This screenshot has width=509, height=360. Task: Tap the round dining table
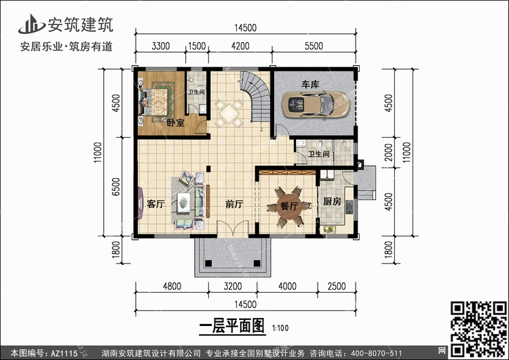point(289,206)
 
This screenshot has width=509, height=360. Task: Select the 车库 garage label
point(310,84)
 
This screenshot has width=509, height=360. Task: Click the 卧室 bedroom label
point(176,123)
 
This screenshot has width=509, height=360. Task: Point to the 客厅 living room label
point(155,204)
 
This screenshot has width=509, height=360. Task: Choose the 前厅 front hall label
point(234,204)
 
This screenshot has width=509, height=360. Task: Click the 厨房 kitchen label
point(332,202)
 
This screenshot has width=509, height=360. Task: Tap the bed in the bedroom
point(154,102)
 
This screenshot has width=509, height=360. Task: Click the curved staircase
point(257,96)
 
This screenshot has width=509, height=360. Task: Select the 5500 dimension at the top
point(314,46)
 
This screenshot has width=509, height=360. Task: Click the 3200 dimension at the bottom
point(233,286)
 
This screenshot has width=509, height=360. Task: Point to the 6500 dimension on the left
point(116,187)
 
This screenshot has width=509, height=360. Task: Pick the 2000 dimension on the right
point(388,152)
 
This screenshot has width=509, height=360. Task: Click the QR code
point(478,329)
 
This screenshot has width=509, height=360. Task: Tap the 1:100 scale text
point(280,328)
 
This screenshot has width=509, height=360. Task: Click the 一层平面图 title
point(232,326)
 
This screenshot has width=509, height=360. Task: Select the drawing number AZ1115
point(64,353)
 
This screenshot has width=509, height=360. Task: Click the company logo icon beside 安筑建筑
point(31,24)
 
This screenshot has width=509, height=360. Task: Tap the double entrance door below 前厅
point(233,228)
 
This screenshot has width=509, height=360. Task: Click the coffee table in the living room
point(184,202)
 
